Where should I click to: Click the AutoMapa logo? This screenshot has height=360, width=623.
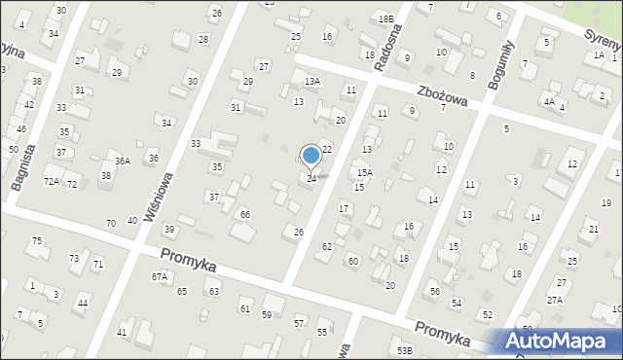tap(560, 342)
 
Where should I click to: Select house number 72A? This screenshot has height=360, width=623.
tap(51, 182)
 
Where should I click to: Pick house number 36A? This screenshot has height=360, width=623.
tap(122, 162)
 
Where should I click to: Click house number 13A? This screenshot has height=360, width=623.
tap(311, 82)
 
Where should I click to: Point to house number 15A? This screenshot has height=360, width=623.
tap(364, 173)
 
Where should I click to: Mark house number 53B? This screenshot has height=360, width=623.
tap(404, 349)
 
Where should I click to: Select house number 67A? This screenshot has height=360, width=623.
tap(159, 276)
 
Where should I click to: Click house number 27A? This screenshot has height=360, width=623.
tap(554, 301)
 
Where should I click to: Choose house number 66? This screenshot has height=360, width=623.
tap(245, 214)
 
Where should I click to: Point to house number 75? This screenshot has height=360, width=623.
tap(37, 241)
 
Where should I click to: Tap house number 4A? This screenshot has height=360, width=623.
tap(549, 101)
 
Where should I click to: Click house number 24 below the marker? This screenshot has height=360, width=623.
tap(311, 178)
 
